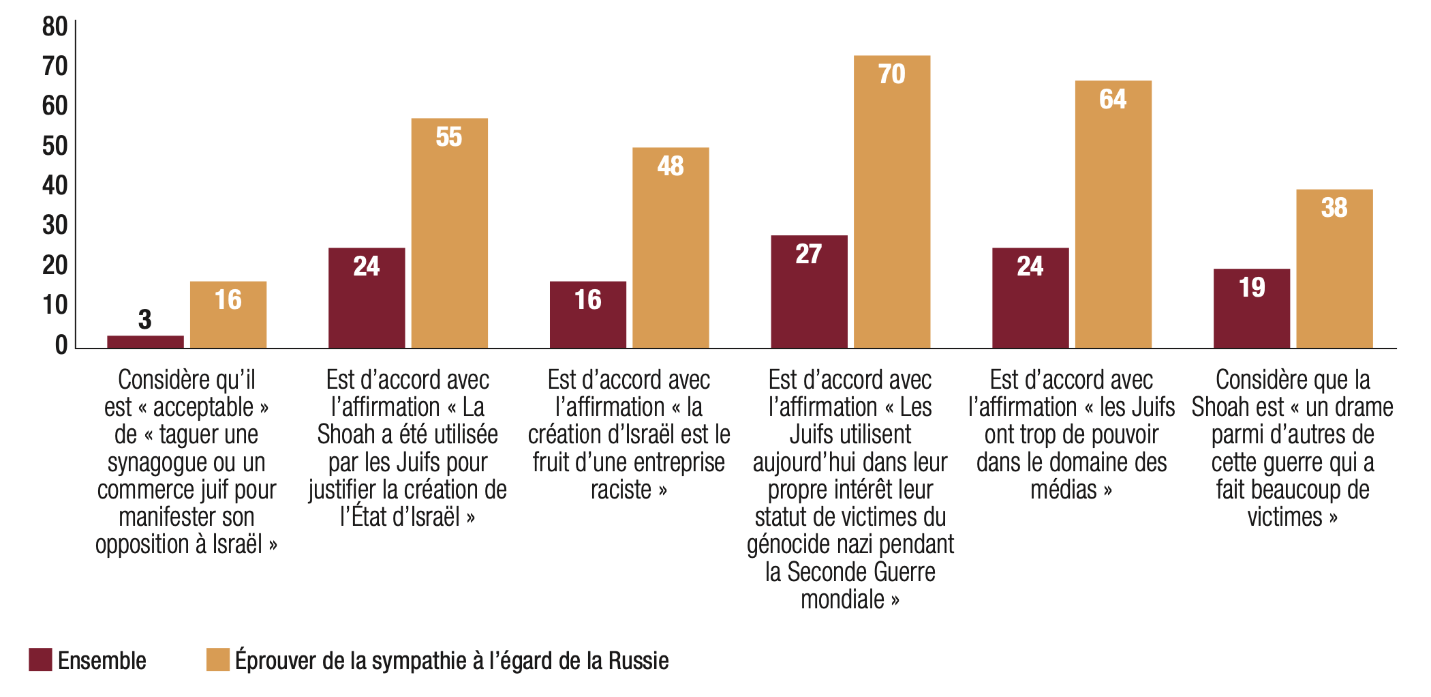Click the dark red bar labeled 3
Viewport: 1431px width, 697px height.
[x=145, y=342]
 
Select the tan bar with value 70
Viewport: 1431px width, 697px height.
[x=892, y=202]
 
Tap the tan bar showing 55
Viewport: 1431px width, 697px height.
[x=450, y=233]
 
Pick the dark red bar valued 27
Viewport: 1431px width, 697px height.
[x=810, y=292]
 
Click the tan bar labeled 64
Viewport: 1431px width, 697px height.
[x=1113, y=214]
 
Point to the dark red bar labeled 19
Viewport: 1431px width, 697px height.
[x=1252, y=308]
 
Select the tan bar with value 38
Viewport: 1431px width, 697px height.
[x=1335, y=269]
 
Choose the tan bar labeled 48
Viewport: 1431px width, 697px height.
[x=671, y=248]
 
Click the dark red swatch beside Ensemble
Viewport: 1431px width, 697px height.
[x=40, y=659]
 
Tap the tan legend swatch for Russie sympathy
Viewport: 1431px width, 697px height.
[x=218, y=659]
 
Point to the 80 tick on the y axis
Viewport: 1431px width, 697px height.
[x=55, y=27]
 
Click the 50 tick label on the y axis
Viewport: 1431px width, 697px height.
[x=55, y=146]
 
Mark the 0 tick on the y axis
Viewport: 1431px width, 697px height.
[x=61, y=344]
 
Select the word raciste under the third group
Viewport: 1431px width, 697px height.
[x=621, y=490]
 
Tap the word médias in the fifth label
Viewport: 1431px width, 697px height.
[x=1063, y=490]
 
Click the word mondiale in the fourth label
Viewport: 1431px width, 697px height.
[x=842, y=599]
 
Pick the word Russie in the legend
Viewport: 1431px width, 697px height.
[x=638, y=660]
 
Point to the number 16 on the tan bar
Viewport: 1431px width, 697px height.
[x=228, y=299]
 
